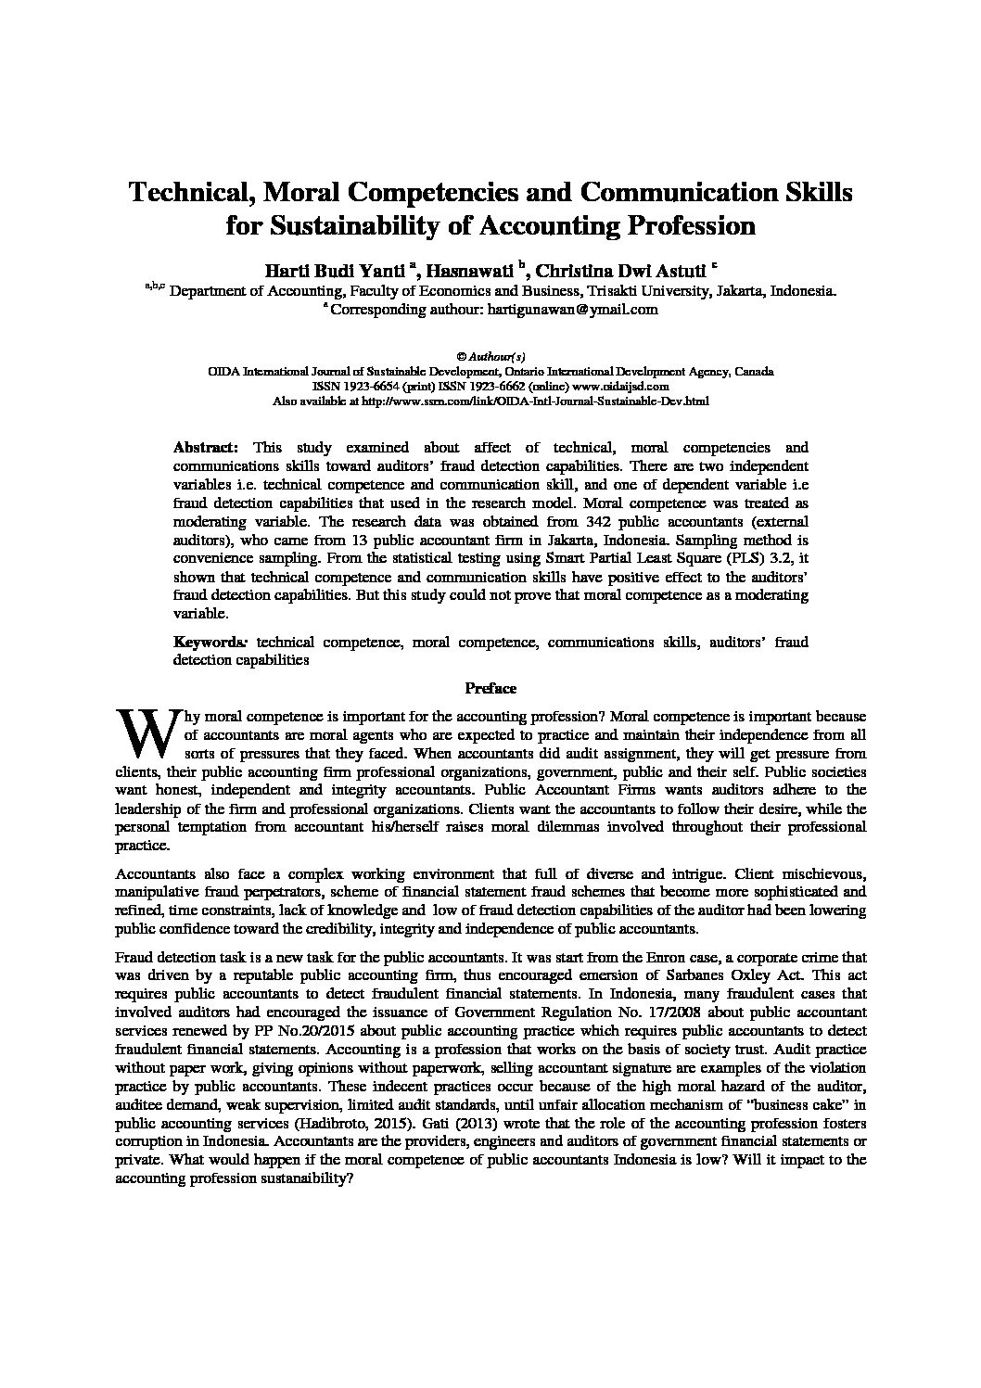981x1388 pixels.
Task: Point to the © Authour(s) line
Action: [490, 356]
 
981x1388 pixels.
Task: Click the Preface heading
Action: [490, 688]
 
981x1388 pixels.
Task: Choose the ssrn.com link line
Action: [490, 401]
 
